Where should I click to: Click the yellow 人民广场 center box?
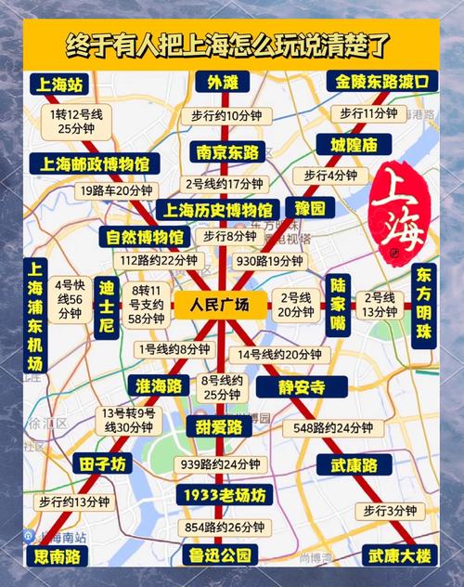[x=218, y=305]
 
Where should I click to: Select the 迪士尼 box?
[x=108, y=306]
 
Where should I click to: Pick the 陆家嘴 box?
[x=339, y=306]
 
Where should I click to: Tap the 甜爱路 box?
[x=220, y=426]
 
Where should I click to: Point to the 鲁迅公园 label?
[x=220, y=555]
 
